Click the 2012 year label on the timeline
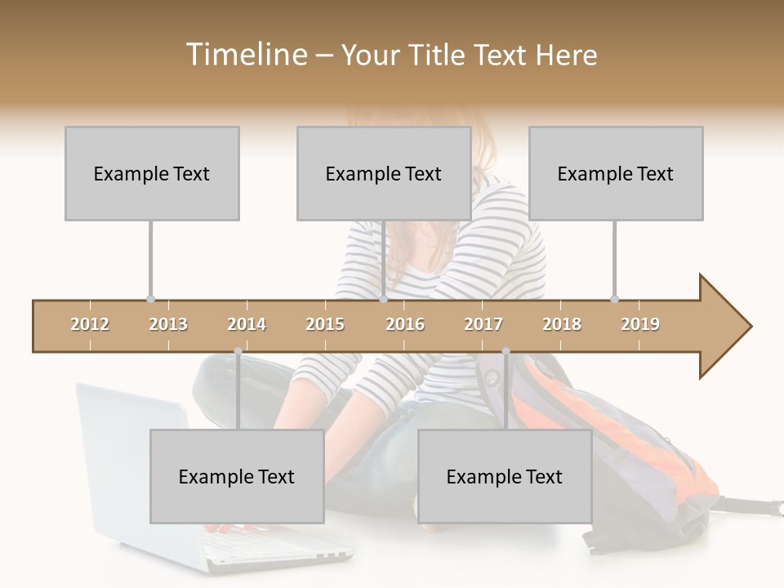tap(90, 324)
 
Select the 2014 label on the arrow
tap(247, 324)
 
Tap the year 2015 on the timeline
tap(325, 324)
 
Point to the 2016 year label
tap(405, 324)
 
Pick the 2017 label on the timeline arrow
tap(483, 324)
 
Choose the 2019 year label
tap(640, 324)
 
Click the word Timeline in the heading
tap(245, 55)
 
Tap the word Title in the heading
tap(438, 55)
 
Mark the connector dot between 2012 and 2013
tap(150, 299)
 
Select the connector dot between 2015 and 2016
tap(383, 299)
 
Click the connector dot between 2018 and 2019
tap(614, 299)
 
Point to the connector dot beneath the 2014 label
tap(238, 351)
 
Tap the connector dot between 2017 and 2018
tap(506, 351)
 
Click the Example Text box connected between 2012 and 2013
tap(152, 173)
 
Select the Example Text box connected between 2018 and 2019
tap(616, 173)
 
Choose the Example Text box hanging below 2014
tap(237, 477)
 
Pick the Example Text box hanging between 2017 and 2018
tap(505, 477)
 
